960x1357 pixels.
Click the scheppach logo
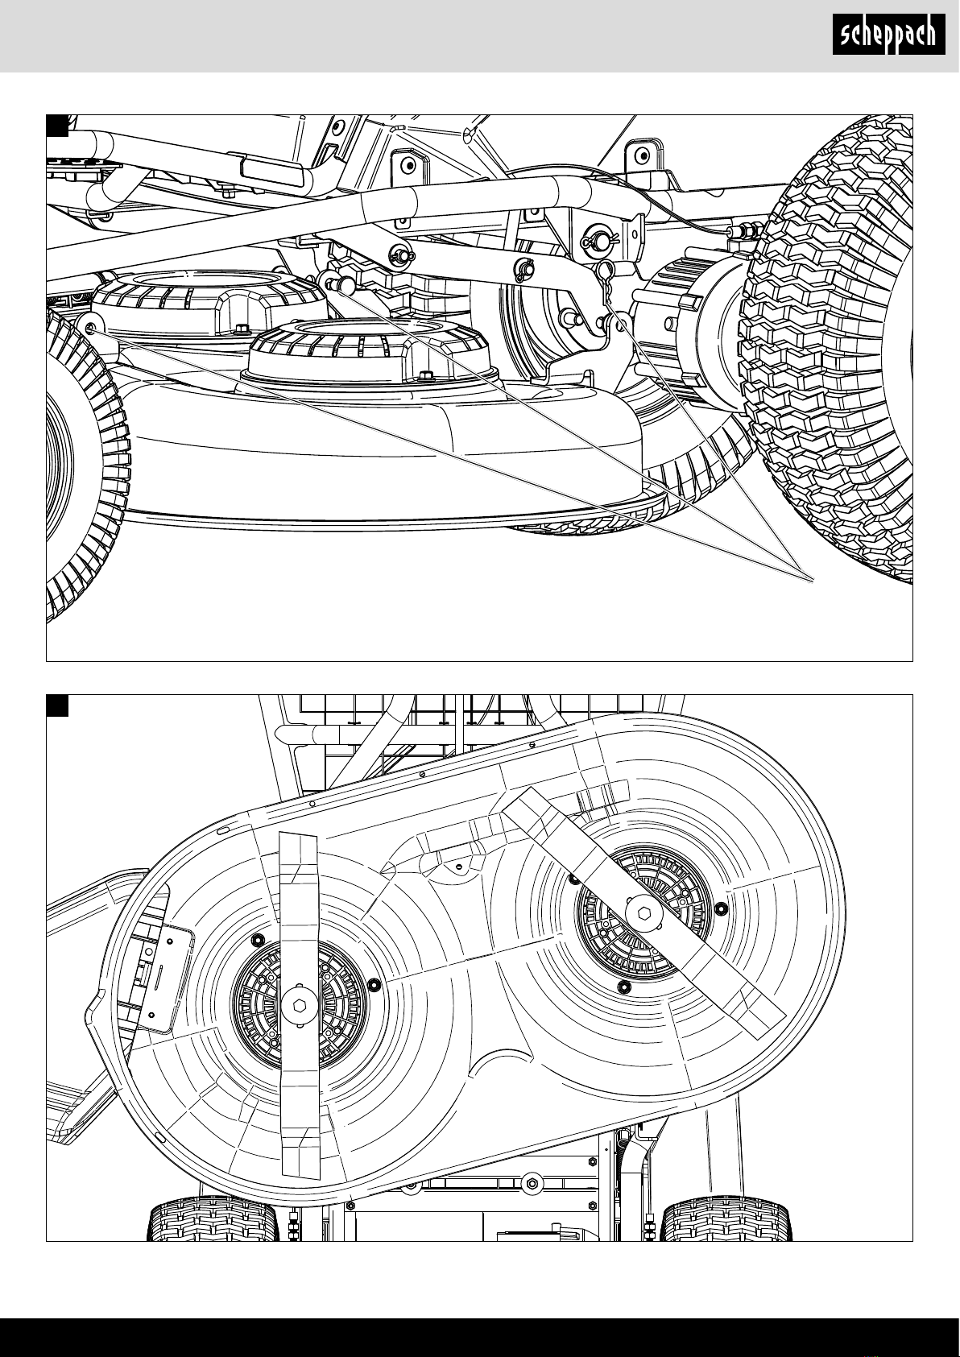(888, 35)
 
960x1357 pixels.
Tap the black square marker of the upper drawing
(57, 126)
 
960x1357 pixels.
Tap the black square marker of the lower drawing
(57, 705)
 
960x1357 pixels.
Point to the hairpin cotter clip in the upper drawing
(606, 285)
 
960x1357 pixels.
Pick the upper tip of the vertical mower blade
(298, 834)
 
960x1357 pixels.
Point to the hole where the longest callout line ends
(90, 328)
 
